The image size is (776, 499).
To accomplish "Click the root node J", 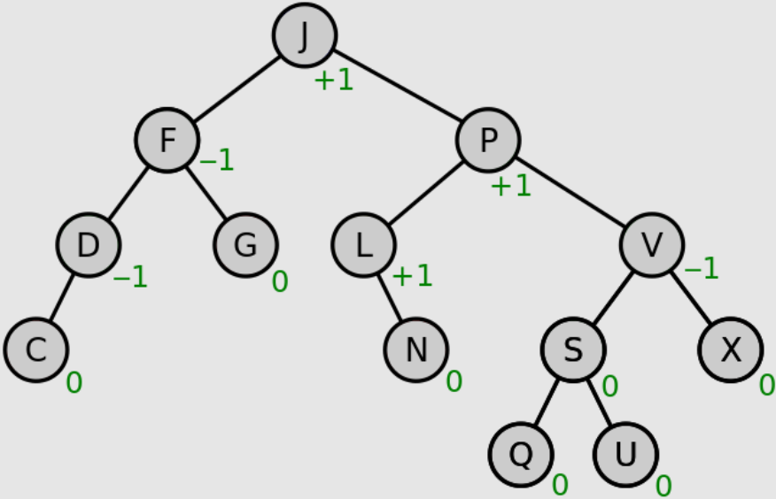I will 304,35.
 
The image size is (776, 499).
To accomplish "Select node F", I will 167,140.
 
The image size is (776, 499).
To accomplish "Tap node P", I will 488,140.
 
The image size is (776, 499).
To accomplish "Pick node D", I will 88,244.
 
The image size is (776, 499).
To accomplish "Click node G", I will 245,244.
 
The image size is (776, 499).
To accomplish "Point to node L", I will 363,244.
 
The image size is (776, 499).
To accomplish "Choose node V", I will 651,244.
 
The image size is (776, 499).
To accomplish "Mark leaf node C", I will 35,349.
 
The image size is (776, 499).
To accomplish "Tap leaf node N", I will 415,349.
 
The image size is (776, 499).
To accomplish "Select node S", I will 573,349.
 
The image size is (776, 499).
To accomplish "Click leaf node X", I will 730,349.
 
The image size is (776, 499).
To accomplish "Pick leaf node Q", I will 521,454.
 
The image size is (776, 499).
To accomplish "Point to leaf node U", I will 625,454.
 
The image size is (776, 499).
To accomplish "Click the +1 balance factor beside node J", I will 334,81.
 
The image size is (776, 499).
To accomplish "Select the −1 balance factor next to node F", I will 217,160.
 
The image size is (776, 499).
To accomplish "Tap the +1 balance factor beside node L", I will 413,276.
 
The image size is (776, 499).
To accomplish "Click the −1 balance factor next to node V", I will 702,268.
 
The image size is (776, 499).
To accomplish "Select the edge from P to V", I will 570,192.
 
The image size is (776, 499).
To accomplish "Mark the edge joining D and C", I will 62,296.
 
